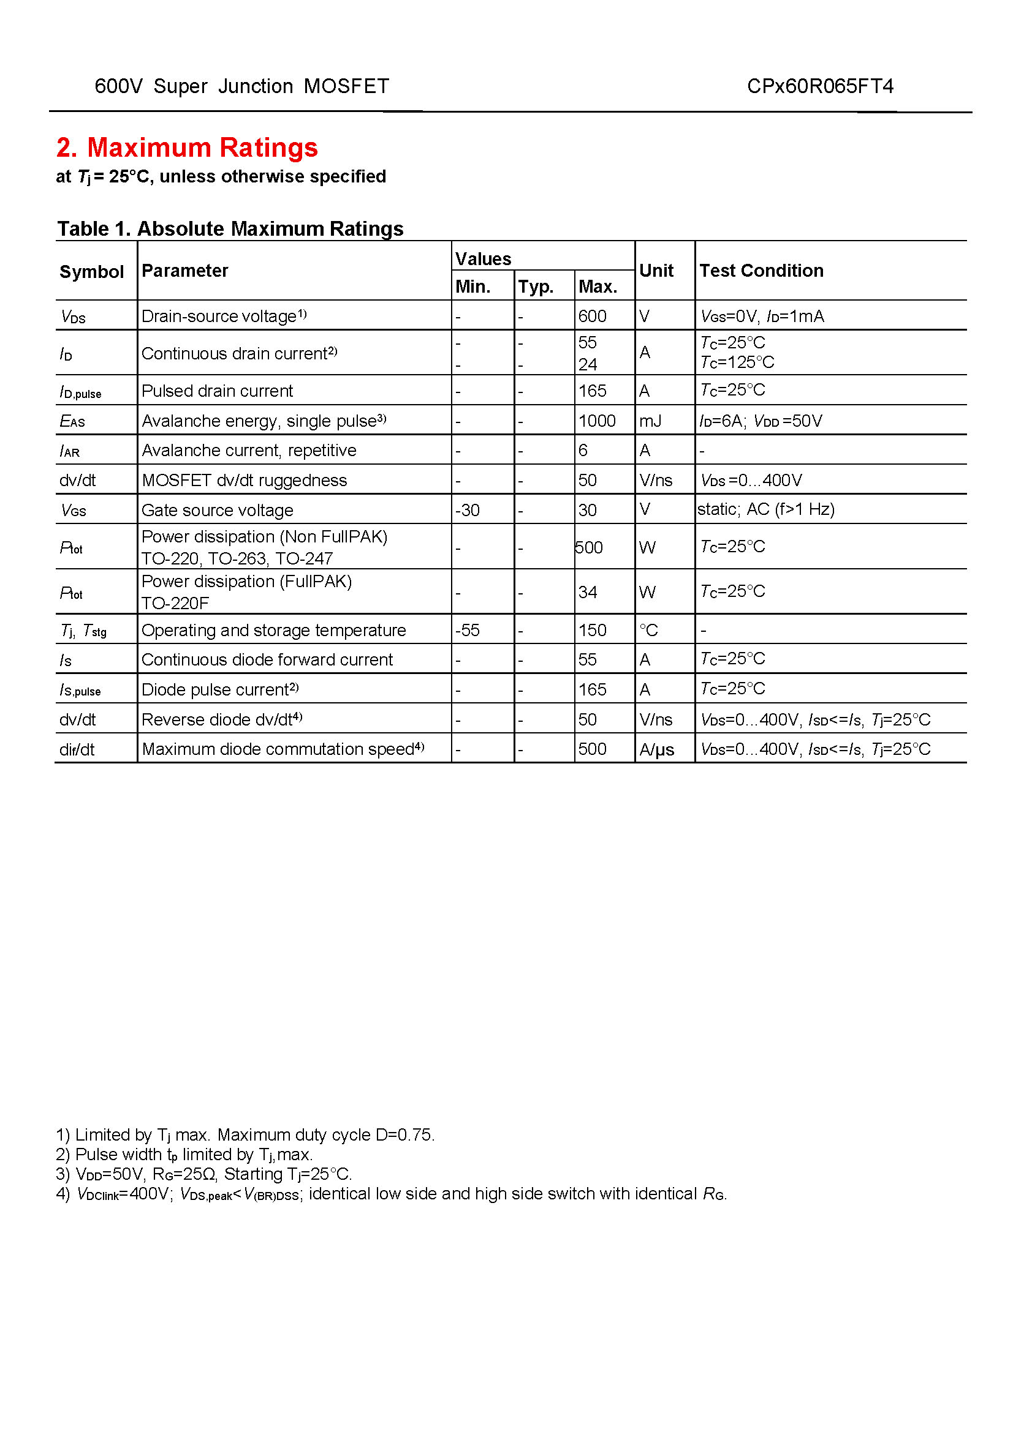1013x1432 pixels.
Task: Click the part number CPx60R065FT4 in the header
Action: tap(819, 86)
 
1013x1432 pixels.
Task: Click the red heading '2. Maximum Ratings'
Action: tap(187, 148)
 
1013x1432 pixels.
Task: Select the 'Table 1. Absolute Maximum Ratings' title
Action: tap(230, 229)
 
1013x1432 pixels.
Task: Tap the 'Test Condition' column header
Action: tap(761, 271)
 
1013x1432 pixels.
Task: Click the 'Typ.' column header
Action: tap(536, 287)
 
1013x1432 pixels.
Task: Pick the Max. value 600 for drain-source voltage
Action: tap(592, 316)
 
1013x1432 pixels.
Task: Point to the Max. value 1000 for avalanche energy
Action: tap(597, 421)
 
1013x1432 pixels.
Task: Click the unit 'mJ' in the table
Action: tap(650, 421)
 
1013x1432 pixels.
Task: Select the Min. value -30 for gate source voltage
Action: tap(467, 510)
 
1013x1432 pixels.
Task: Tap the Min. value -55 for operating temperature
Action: tap(467, 630)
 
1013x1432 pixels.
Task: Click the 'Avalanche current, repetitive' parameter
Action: tap(249, 451)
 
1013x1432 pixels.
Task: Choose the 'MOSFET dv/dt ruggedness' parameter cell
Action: tap(244, 480)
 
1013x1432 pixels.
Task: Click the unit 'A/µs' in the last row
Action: tap(656, 749)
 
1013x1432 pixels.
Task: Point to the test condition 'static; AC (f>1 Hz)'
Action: tap(766, 509)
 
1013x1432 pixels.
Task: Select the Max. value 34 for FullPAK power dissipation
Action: tap(587, 592)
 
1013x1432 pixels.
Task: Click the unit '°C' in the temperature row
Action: tap(648, 630)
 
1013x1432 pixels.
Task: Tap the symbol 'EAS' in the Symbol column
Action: tap(72, 422)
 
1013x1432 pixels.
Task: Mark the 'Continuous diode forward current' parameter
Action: tap(267, 660)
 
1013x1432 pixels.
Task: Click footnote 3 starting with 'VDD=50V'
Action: tap(204, 1174)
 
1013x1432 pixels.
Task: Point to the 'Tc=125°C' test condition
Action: tap(737, 362)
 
